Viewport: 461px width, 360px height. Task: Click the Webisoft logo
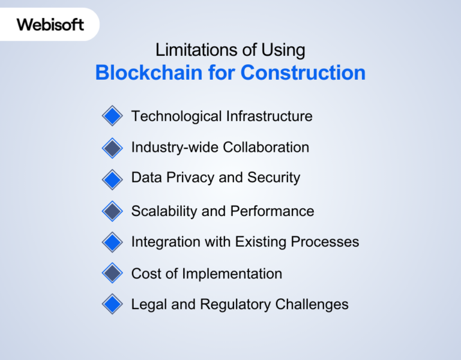(x=50, y=25)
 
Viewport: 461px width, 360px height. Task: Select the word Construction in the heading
(x=303, y=73)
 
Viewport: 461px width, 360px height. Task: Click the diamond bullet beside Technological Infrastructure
(x=112, y=116)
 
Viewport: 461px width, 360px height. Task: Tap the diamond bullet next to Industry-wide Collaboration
(x=112, y=148)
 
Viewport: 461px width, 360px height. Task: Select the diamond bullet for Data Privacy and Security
(x=112, y=178)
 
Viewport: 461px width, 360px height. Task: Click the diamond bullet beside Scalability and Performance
(x=112, y=211)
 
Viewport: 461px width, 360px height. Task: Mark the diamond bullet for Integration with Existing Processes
(x=112, y=242)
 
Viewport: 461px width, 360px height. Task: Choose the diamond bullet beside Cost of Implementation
(x=112, y=274)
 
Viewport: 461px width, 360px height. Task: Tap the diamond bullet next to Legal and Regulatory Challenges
(x=112, y=304)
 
